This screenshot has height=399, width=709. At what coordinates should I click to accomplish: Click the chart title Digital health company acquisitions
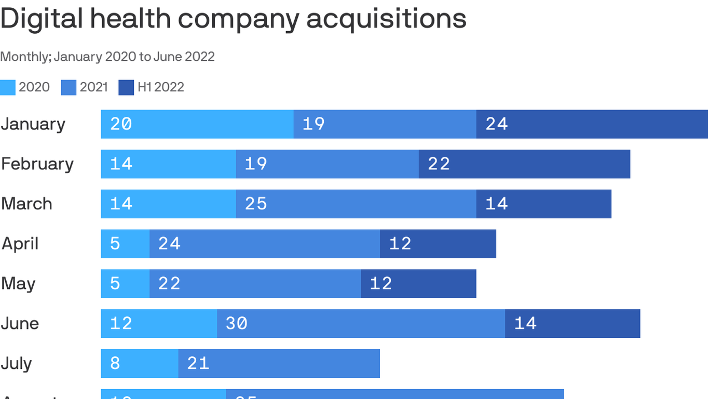[233, 19]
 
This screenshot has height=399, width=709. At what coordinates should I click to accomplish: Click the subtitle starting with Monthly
[107, 57]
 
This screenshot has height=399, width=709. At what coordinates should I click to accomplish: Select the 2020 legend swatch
[8, 87]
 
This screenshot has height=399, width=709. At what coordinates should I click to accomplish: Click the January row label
[33, 124]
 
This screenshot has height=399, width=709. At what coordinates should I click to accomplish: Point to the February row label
[37, 164]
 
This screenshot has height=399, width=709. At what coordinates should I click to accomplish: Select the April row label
[20, 244]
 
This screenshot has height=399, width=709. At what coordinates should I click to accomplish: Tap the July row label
[17, 364]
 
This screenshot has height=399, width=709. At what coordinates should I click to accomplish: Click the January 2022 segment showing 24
[592, 124]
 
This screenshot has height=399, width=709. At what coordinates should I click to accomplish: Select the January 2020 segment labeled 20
[197, 124]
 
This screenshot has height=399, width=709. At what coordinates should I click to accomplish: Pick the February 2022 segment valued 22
[524, 164]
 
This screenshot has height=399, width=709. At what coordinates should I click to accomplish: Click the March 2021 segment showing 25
[356, 204]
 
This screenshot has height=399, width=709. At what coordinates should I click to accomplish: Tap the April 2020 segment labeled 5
[125, 244]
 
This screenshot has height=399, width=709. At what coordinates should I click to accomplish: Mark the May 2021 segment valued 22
[255, 284]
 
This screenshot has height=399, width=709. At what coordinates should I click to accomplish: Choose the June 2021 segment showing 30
[361, 324]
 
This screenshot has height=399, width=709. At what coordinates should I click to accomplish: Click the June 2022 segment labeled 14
[572, 324]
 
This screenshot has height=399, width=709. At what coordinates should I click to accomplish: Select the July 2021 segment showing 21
[279, 364]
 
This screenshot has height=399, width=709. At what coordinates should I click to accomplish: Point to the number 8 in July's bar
[115, 364]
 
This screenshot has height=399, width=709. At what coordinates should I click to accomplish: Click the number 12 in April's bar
[400, 244]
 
